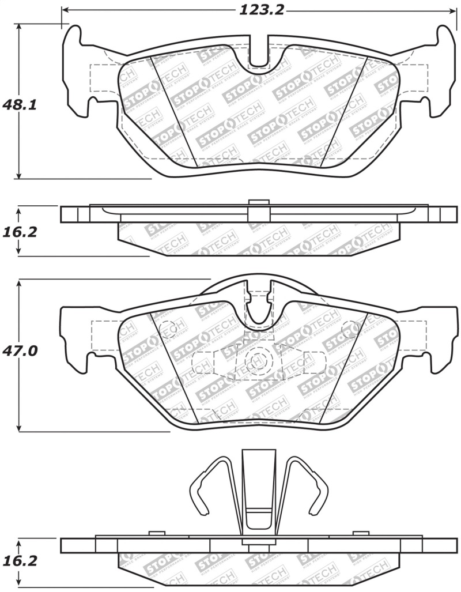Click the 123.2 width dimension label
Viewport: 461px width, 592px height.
260,10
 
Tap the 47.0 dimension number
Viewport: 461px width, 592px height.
20,350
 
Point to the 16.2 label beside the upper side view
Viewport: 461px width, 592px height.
20,232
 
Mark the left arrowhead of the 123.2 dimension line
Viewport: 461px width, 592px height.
65,10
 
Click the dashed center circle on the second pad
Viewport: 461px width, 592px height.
254,361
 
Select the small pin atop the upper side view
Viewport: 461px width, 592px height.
259,202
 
